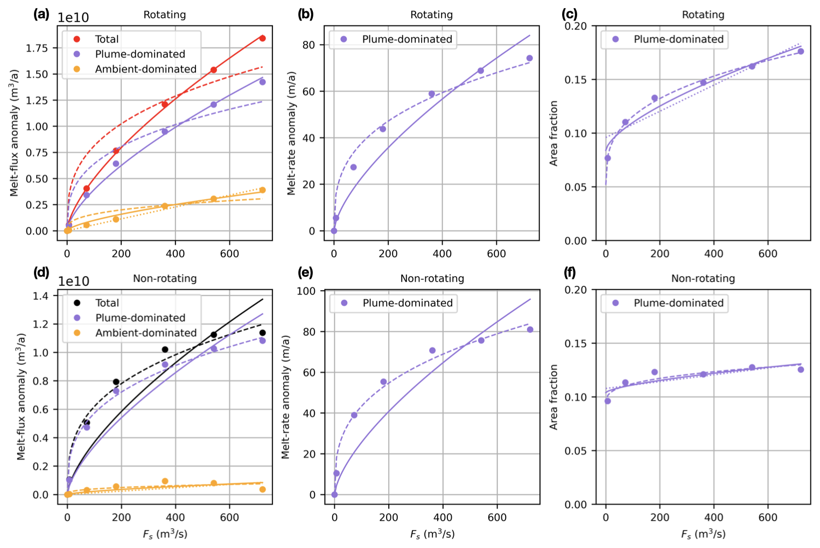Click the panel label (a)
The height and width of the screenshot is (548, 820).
(41, 15)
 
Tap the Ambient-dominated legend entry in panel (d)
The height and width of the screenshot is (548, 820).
(146, 333)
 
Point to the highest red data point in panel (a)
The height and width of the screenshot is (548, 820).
(262, 38)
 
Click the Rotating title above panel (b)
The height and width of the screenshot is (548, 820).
(431, 15)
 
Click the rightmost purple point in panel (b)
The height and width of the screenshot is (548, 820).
(529, 58)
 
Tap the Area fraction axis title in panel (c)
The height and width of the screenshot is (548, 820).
(554, 133)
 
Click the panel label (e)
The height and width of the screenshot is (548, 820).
(305, 273)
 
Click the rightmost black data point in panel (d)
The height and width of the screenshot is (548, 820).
(262, 333)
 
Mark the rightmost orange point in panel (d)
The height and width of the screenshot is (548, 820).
(262, 489)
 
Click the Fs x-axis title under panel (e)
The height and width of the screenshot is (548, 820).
(432, 534)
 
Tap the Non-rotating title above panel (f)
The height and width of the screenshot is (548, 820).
(703, 278)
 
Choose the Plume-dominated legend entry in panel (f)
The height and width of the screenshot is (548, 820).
(678, 303)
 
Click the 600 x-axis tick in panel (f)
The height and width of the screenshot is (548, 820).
(768, 517)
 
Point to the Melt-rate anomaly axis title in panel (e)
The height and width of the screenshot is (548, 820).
(285, 397)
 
